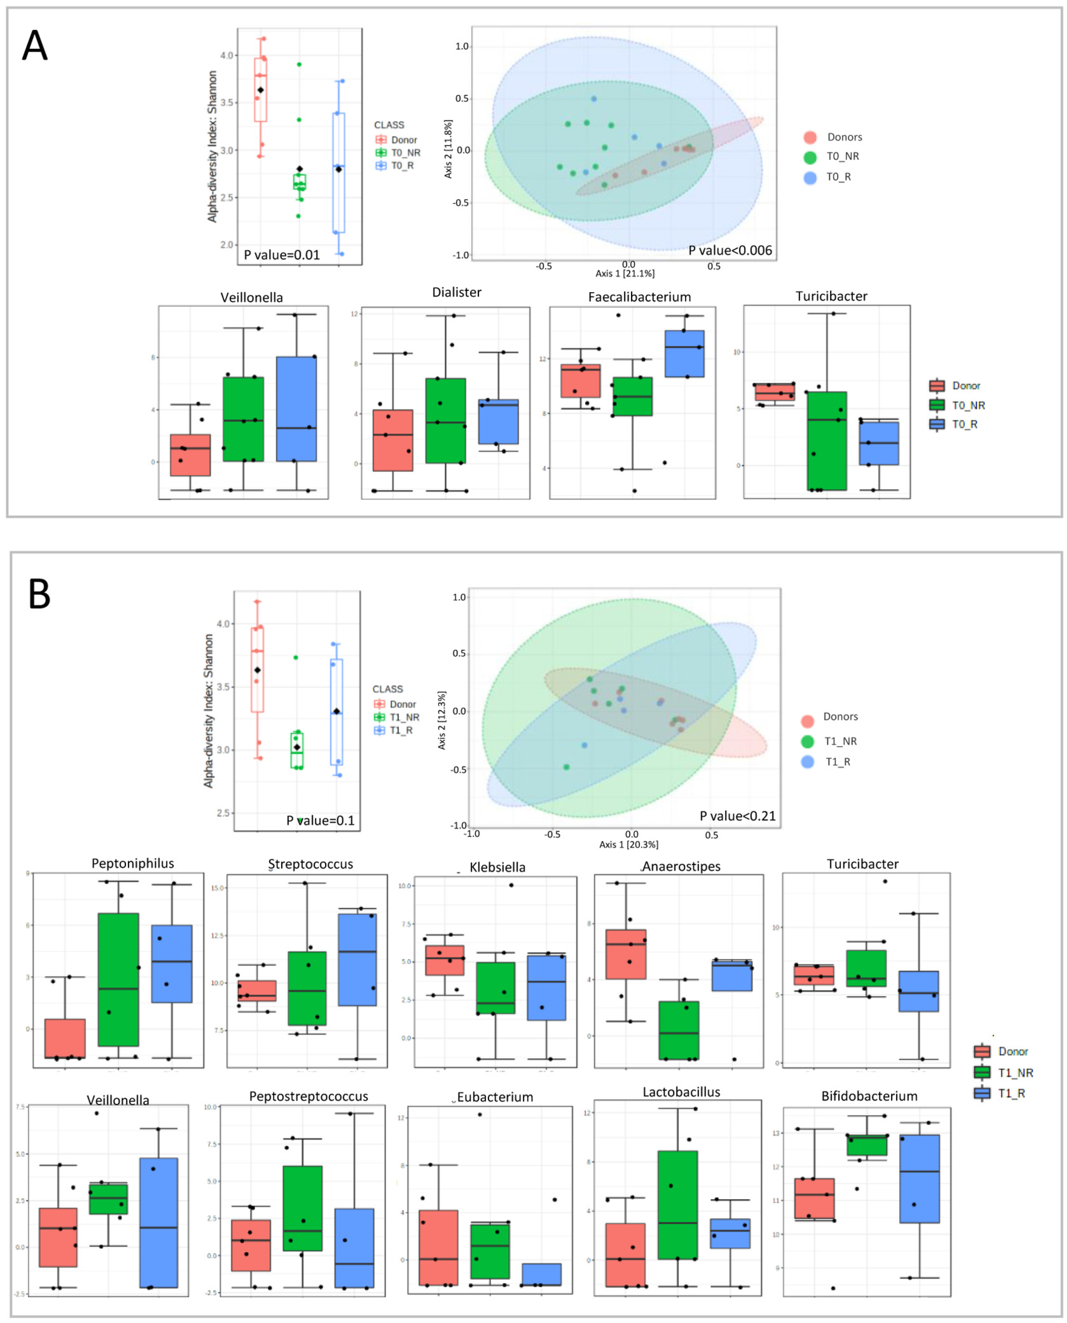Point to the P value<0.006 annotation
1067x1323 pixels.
coord(730,250)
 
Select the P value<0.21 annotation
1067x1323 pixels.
coord(738,816)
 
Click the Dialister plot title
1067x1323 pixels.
coord(457,293)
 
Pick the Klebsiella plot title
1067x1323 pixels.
coord(497,867)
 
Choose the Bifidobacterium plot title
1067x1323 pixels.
coord(869,1096)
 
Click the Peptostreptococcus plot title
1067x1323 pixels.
coord(308,1096)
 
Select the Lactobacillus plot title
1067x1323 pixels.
coord(681,1092)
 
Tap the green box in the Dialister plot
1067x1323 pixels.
coord(445,420)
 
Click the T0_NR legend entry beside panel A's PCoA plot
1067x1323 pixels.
coord(842,157)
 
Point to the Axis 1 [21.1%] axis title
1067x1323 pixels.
coord(625,274)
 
